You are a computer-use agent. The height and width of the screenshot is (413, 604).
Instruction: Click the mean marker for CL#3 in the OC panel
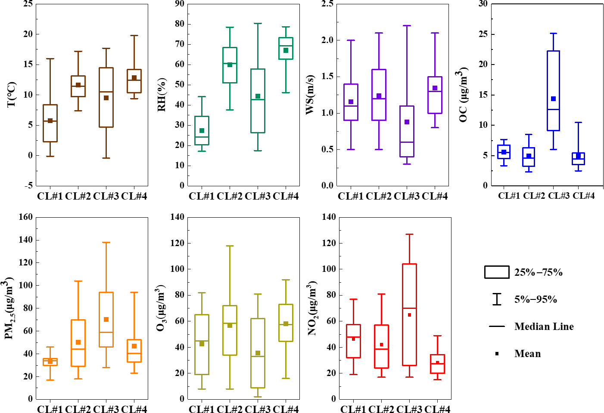553,99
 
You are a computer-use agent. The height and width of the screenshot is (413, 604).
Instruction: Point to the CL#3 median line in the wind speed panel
407,142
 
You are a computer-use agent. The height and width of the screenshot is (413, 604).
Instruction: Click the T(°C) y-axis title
12,95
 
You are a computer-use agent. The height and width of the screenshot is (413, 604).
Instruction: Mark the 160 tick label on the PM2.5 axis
25,217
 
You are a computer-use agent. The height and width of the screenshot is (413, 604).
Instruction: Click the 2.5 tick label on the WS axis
327,4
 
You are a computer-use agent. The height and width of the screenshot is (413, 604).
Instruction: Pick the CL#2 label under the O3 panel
230,409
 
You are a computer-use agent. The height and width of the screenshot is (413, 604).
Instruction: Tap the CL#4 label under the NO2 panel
437,409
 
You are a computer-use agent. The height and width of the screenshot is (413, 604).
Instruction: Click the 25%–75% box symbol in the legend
497,272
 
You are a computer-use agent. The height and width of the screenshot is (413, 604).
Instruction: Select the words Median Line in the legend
544,327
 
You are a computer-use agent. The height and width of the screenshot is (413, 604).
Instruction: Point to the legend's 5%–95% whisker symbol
497,299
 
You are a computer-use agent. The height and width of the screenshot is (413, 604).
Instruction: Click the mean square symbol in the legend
497,354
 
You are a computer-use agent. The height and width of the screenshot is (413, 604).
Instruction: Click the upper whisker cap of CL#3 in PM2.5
106,243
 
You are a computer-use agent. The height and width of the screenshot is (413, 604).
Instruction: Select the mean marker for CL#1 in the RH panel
202,131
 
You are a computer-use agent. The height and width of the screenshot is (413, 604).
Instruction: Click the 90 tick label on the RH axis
179,4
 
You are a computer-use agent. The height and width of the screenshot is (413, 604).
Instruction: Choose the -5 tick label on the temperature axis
28,186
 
